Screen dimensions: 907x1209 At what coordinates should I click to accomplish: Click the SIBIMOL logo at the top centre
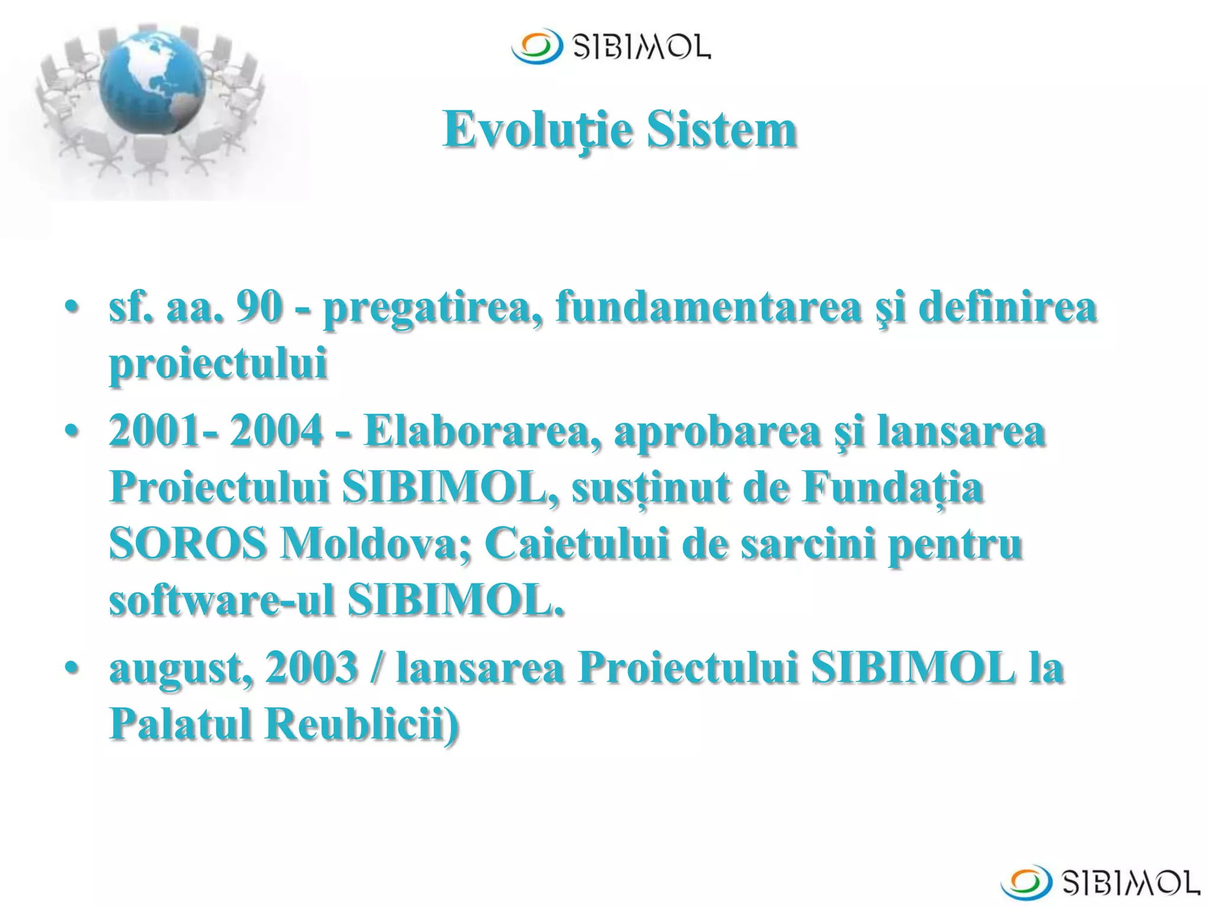click(611, 46)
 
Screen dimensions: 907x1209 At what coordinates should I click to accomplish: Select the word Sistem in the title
click(722, 130)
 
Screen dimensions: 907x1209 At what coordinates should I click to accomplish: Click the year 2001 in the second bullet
click(155, 430)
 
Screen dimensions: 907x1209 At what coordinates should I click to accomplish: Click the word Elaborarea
click(482, 430)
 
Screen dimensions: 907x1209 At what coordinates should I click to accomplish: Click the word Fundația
click(892, 489)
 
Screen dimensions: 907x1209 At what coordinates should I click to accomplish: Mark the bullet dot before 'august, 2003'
click(72, 668)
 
